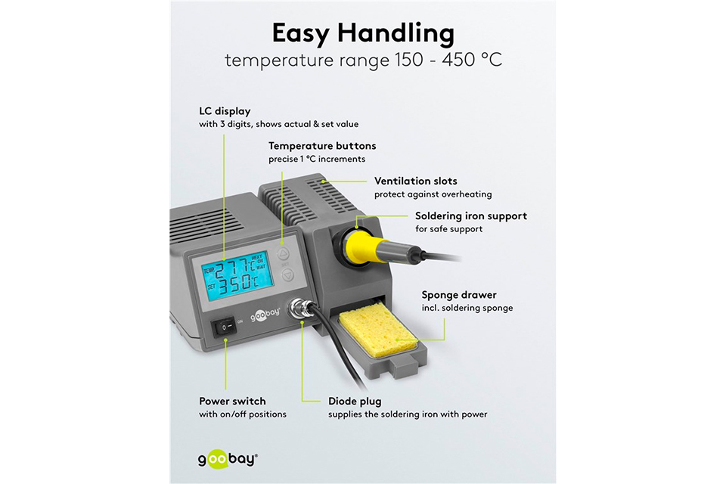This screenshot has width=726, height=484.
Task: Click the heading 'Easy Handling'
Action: tap(363, 33)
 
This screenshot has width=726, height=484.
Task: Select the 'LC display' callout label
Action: tap(225, 111)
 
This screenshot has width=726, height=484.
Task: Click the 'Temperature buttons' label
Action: tap(322, 146)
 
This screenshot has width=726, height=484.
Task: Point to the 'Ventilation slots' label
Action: tap(416, 181)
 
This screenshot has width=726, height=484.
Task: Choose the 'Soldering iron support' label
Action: tap(471, 216)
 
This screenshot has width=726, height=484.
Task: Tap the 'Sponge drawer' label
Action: tap(459, 295)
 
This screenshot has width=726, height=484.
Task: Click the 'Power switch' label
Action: tap(232, 401)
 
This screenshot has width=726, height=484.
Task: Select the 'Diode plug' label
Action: tap(355, 401)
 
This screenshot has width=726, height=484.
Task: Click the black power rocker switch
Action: tap(225, 326)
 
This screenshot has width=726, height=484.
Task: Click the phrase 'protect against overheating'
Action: tap(433, 194)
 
